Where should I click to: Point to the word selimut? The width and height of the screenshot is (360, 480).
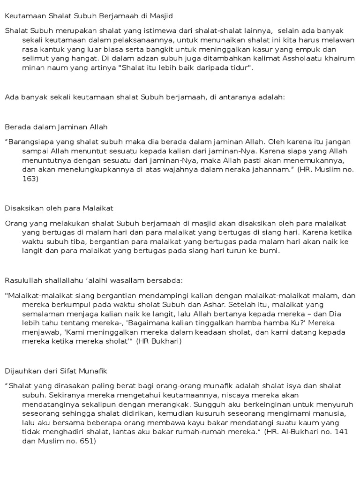35,59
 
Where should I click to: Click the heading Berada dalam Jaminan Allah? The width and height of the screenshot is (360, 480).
56,127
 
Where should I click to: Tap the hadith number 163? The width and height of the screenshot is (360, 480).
30,178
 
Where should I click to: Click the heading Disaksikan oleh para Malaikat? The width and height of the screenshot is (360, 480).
59,208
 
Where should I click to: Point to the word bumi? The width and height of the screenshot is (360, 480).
270,250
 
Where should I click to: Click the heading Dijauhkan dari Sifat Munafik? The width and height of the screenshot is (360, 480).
56,371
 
